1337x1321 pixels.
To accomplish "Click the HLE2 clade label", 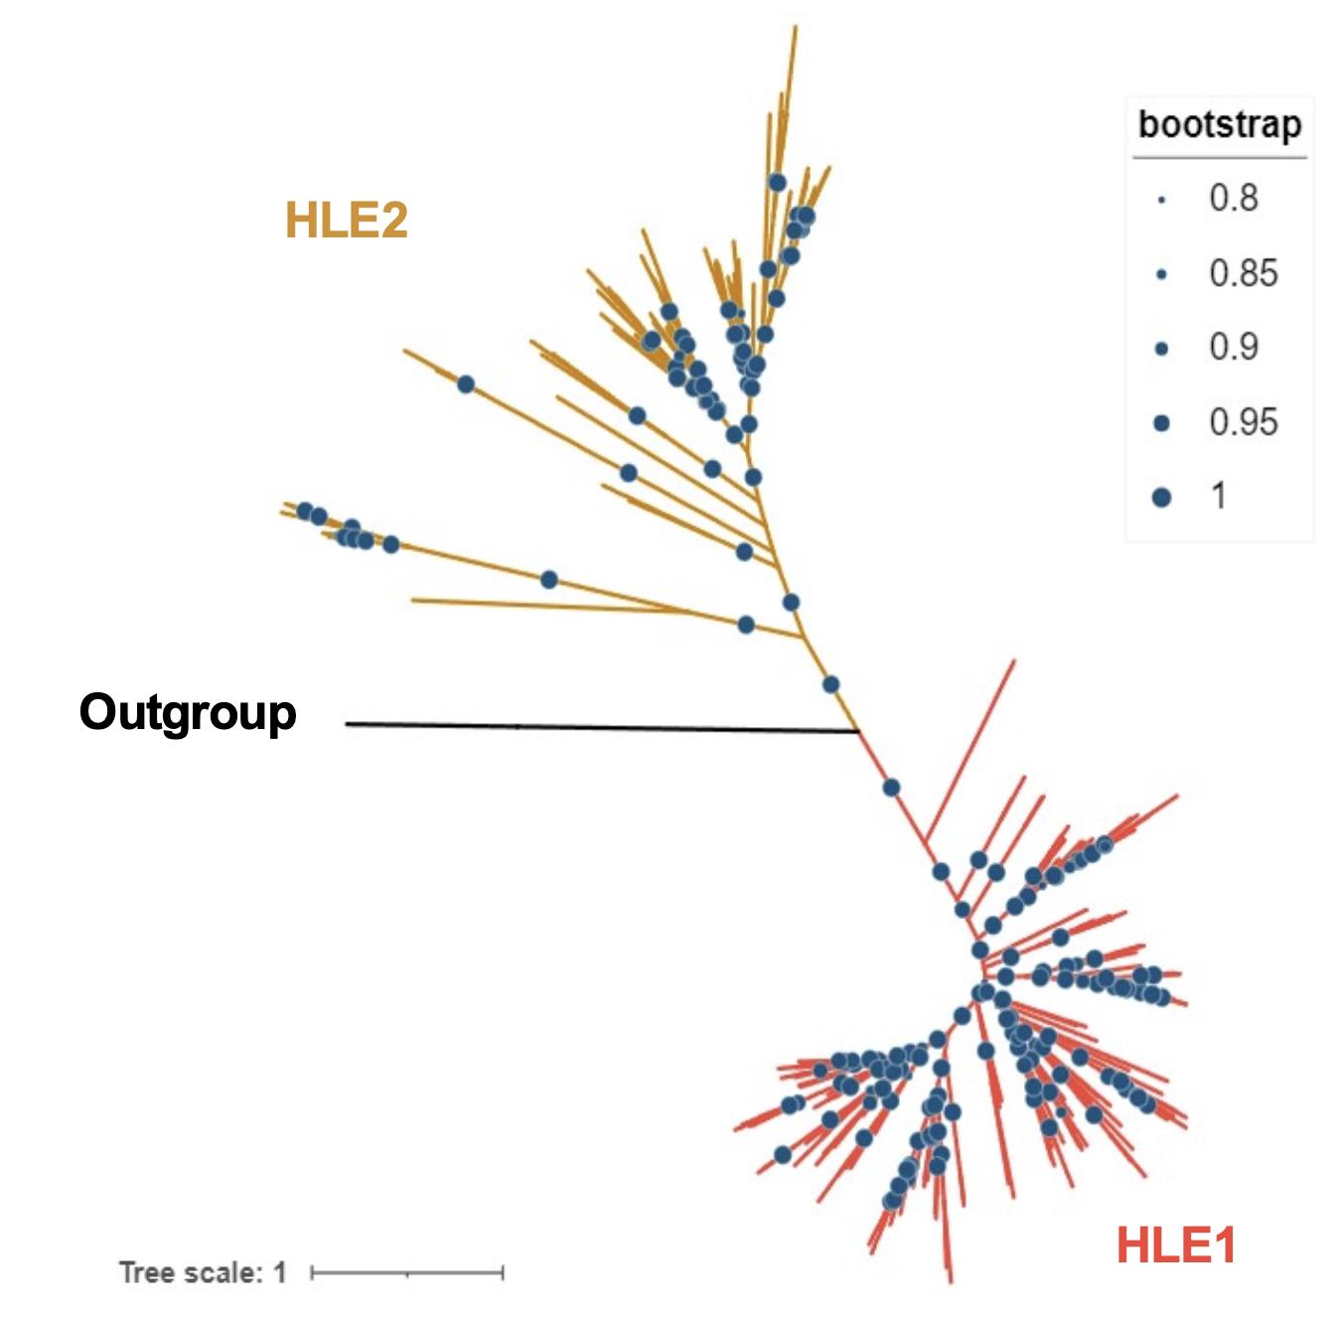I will point(346,220).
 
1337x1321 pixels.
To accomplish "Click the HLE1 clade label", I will point(1175,1245).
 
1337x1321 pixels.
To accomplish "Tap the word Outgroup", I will point(188,712).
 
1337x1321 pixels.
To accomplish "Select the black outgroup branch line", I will point(596,728).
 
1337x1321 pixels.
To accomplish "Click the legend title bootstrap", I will point(1219,125).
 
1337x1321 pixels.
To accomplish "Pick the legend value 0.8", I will point(1233,198).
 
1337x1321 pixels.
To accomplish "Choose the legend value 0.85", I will point(1243,273).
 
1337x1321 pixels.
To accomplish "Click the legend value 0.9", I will point(1233,347).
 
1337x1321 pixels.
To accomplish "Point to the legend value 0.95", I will point(1243,422).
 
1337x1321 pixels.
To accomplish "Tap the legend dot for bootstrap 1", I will point(1161,497).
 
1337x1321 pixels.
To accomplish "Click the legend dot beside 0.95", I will point(1161,423).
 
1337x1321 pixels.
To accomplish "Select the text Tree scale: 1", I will point(203,1272).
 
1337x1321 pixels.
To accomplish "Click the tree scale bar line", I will point(407,1272).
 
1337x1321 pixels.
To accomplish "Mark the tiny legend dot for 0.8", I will point(1161,200).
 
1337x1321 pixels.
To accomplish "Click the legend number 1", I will point(1218,496).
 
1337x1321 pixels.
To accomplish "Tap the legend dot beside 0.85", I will point(1161,274).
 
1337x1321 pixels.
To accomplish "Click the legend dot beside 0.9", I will point(1161,348).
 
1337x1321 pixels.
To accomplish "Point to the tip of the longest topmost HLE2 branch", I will point(796,27).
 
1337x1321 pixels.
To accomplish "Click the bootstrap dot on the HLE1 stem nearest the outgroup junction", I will point(891,788).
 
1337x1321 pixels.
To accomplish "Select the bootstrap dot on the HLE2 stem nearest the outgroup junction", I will point(830,684).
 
